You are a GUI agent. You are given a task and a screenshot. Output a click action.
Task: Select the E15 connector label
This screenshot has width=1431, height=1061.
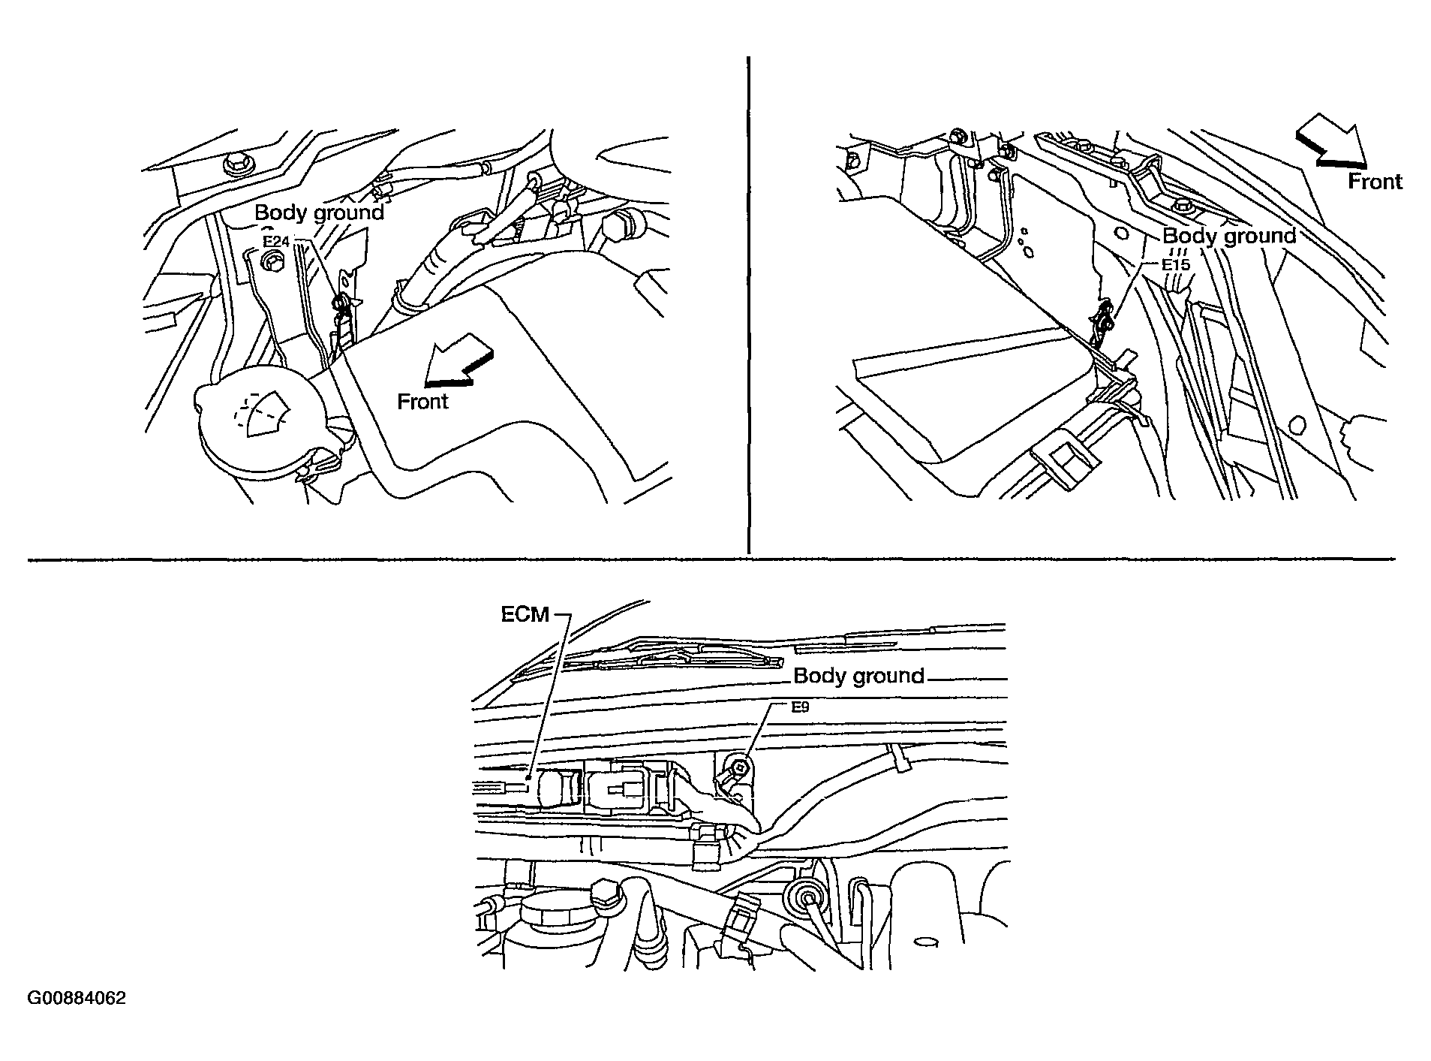click(x=1176, y=265)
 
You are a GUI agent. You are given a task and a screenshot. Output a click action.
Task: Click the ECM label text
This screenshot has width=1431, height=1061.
click(x=525, y=615)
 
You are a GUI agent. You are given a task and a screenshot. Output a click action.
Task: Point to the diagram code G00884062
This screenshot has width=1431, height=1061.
click(x=77, y=999)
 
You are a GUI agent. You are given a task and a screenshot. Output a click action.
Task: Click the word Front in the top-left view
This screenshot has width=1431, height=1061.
click(x=422, y=402)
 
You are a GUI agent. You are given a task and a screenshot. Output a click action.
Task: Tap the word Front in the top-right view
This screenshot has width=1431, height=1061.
click(x=1375, y=182)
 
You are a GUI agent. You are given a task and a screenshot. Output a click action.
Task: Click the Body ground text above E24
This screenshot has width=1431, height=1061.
click(x=320, y=213)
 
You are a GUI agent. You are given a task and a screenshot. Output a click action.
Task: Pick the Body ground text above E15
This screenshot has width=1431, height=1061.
click(x=1229, y=237)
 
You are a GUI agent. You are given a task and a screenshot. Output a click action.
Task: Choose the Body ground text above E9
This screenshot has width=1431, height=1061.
click(x=858, y=677)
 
